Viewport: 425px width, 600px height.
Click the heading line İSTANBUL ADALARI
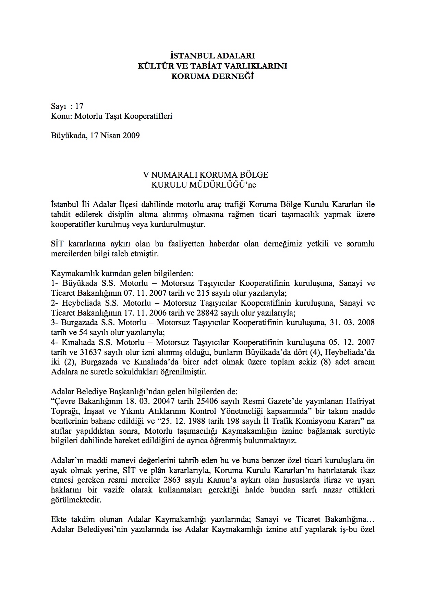212,56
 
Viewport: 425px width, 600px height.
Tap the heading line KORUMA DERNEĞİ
212,76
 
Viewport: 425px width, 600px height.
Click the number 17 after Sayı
79,106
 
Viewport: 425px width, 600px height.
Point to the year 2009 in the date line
131,136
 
